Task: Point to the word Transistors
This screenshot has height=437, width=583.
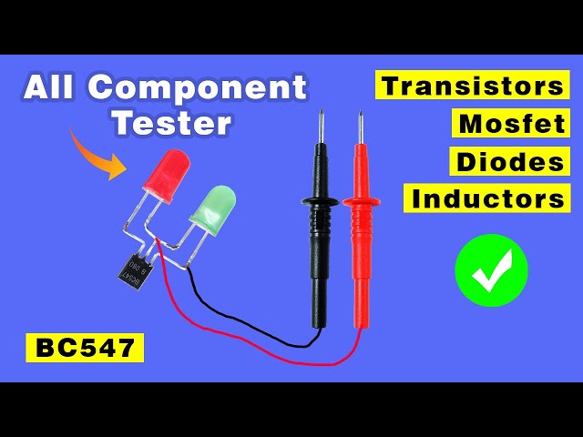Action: [x=473, y=86]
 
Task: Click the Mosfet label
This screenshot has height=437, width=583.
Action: [x=510, y=124]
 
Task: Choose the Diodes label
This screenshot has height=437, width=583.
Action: [x=510, y=161]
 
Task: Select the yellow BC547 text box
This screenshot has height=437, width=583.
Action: [x=85, y=347]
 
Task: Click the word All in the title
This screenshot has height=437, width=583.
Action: [x=55, y=87]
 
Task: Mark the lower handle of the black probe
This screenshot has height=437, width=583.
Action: [x=319, y=291]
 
